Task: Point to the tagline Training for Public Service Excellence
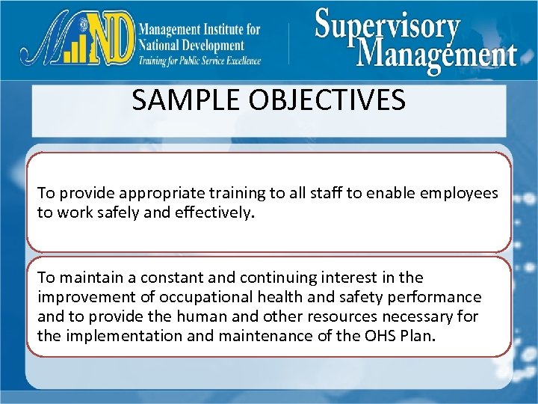[200, 61]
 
